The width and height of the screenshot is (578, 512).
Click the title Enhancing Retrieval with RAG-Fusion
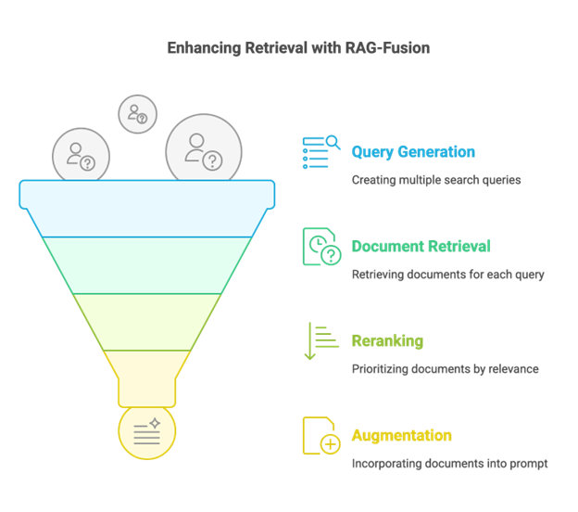coord(298,48)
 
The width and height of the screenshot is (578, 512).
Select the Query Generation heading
coord(413,152)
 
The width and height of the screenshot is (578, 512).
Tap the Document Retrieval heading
coord(421,247)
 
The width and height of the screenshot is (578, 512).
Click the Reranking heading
coord(387,341)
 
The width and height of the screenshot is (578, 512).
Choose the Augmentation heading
coord(401,436)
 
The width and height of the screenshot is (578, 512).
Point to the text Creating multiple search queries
coord(435,180)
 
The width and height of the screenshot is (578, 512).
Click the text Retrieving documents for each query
coord(447,275)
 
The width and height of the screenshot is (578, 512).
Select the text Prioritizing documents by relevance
coord(445,369)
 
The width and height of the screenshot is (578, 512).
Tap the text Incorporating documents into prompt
coord(449,464)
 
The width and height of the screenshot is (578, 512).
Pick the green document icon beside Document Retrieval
coord(321,248)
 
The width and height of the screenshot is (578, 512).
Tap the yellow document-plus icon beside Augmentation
coord(320,436)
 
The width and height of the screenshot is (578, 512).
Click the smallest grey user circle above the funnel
coord(137,114)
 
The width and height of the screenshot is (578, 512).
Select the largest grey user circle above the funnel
coord(204,148)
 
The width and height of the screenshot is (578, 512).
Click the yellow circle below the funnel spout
coord(146,431)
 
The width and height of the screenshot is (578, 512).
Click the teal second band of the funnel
coord(146,264)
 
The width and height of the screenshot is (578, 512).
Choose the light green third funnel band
coord(146,322)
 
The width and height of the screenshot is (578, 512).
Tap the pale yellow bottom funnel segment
coord(146,376)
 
